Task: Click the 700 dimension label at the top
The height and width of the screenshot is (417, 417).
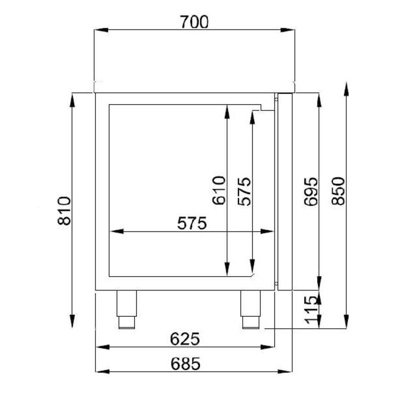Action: click(x=194, y=22)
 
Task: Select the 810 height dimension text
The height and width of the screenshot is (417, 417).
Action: click(x=65, y=211)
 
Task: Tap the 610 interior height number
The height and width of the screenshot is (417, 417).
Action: click(x=219, y=191)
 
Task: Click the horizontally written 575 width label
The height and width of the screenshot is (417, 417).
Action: click(x=192, y=224)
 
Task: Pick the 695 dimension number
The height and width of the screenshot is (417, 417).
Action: click(x=311, y=191)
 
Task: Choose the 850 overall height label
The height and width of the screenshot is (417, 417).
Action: click(x=338, y=191)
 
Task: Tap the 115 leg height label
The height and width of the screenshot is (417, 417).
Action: click(x=311, y=309)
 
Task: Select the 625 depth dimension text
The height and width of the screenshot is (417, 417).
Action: click(x=185, y=339)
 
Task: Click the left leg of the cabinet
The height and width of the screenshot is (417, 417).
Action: click(x=126, y=309)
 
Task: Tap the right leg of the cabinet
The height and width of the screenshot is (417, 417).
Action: click(x=251, y=309)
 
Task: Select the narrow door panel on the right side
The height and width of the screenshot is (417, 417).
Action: click(x=285, y=192)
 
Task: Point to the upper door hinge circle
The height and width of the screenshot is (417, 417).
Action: click(x=276, y=99)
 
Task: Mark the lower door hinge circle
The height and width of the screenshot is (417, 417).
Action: click(x=276, y=284)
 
